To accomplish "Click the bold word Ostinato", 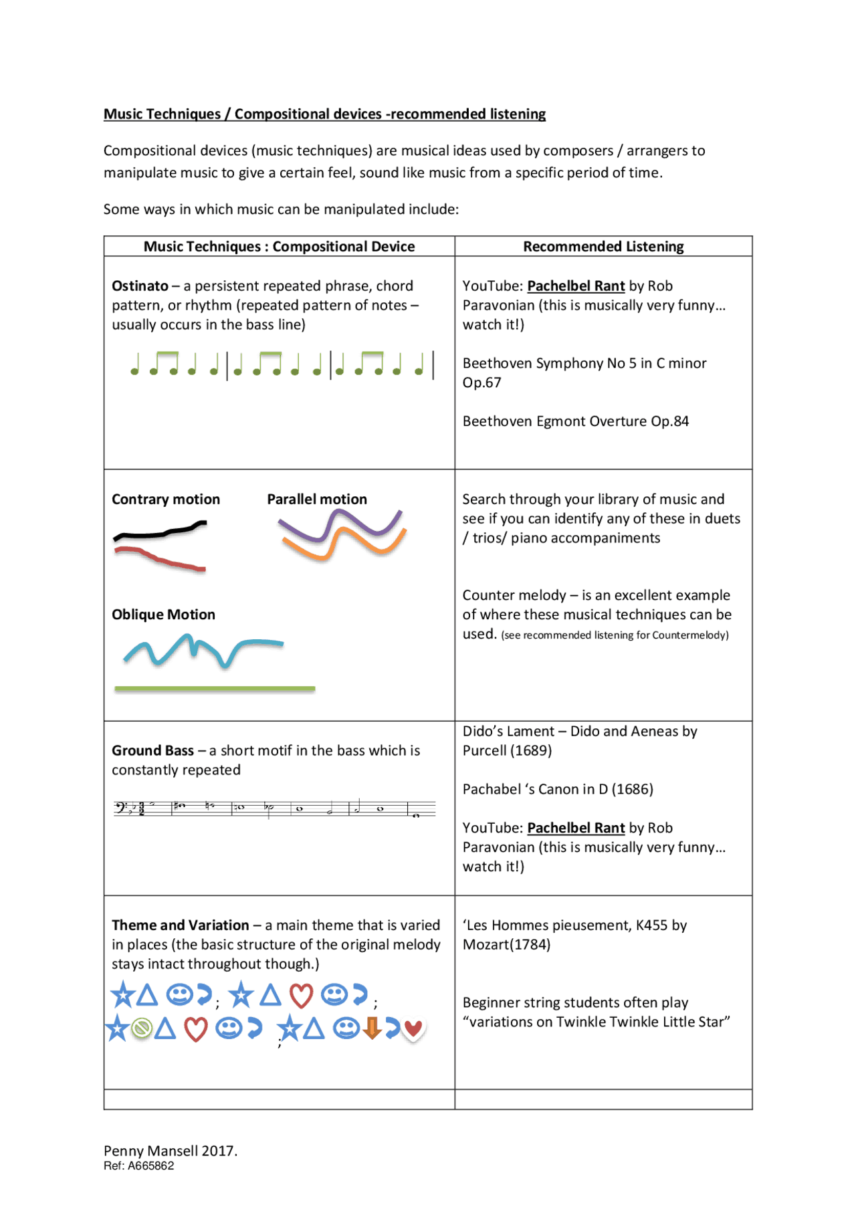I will pyautogui.click(x=140, y=286).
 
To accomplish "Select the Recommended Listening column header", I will pyautogui.click(x=603, y=247).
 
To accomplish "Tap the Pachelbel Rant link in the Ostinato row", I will pyautogui.click(x=576, y=286).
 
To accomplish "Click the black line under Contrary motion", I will pyautogui.click(x=160, y=533).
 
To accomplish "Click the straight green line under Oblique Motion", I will pyautogui.click(x=214, y=688).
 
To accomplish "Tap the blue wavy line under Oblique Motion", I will pyautogui.click(x=201, y=649).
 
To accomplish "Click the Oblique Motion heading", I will pyautogui.click(x=163, y=615).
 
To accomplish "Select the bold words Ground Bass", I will pyautogui.click(x=152, y=751).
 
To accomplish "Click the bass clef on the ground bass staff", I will pyautogui.click(x=121, y=808).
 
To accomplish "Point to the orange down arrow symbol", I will pyautogui.click(x=372, y=1028).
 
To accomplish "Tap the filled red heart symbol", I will pyautogui.click(x=413, y=1028).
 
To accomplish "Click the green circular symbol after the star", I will pyautogui.click(x=141, y=1028).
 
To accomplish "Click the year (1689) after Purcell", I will pyautogui.click(x=531, y=751).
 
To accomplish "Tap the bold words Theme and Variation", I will pyautogui.click(x=180, y=925).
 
